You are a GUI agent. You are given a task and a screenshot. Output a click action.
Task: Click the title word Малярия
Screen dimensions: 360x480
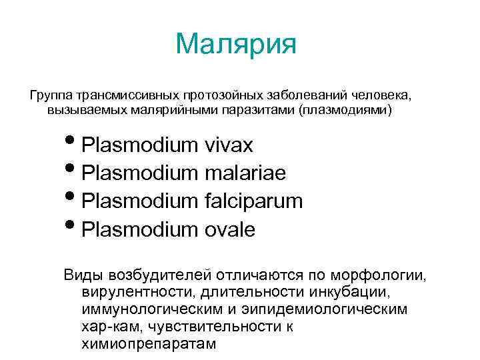click(x=236, y=45)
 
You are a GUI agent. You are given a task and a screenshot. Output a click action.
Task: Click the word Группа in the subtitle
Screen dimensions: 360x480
click(x=51, y=94)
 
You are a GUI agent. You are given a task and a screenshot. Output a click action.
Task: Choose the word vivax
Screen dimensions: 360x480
click(x=230, y=145)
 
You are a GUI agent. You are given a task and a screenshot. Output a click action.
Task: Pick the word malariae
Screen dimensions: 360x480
click(x=246, y=173)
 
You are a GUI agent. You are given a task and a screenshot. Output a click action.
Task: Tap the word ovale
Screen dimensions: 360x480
click(x=231, y=229)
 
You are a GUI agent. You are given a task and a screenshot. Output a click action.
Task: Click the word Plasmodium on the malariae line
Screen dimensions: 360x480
click(x=142, y=173)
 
